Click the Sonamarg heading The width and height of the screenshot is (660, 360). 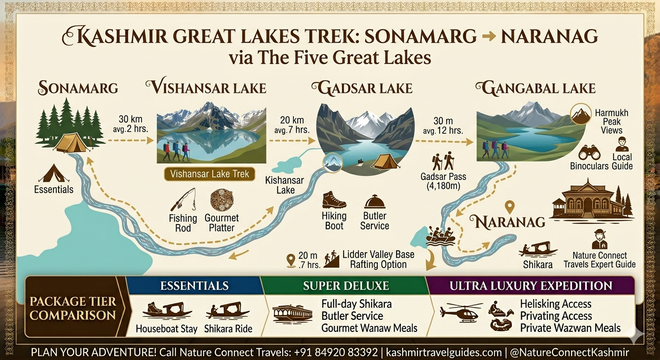pos(78,88)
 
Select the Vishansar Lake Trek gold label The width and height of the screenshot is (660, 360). pos(210,174)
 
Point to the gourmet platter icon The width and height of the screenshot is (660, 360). pos(222,200)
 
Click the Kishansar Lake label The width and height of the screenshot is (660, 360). pos(285,185)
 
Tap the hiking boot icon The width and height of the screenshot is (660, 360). pos(334,200)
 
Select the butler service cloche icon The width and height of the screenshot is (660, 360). pos(375,202)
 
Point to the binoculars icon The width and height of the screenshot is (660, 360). pos(589,153)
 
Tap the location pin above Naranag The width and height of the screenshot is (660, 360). pos(510,207)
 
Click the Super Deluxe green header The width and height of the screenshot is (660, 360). pos(346,285)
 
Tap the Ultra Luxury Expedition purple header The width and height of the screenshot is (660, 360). pos(531,285)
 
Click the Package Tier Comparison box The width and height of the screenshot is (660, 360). pos(73,308)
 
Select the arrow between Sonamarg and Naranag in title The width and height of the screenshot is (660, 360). pos(489,37)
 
